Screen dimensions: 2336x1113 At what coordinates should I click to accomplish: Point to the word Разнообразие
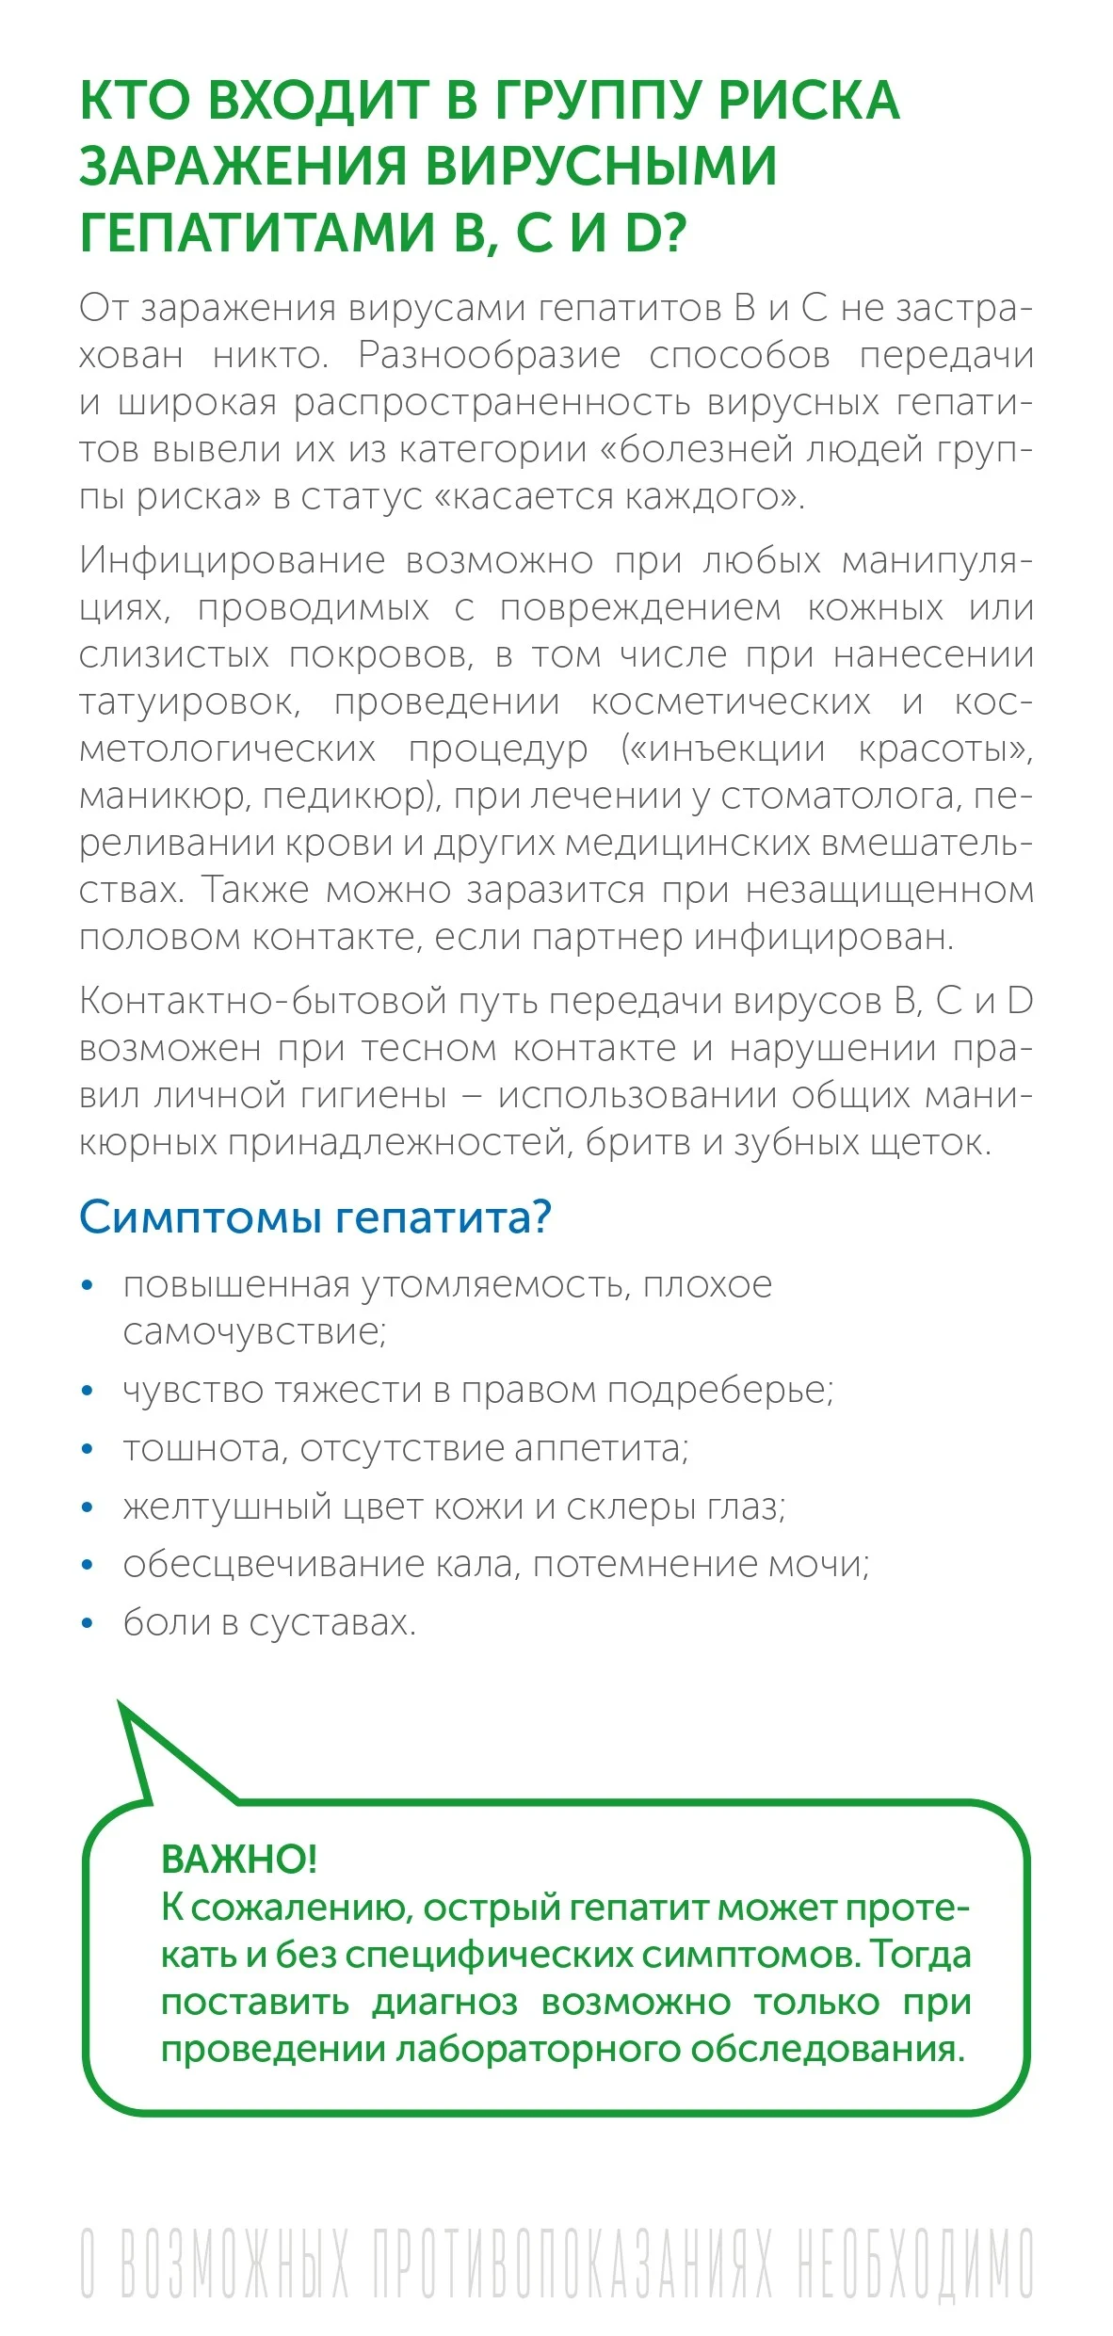coord(489,356)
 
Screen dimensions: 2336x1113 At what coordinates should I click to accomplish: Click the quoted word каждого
coord(715,497)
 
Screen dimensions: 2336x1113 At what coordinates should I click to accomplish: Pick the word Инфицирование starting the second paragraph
coord(232,560)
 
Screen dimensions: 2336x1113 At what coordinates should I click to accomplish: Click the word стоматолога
coord(840,797)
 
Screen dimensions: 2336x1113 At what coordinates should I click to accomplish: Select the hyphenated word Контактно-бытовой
coord(264,1001)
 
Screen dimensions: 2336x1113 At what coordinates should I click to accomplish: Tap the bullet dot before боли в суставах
coord(89,1622)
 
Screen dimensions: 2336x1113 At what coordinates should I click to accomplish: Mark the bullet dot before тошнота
coord(89,1448)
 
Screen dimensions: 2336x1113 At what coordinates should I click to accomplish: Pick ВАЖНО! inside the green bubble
coord(239,1858)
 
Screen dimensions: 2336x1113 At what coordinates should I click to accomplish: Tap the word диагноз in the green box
coord(445,2001)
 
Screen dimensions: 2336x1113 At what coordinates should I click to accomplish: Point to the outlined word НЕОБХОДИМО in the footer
coord(915,2262)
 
